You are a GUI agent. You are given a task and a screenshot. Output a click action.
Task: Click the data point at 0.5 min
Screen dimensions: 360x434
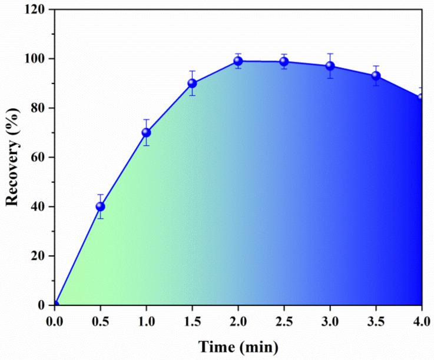[x=100, y=206]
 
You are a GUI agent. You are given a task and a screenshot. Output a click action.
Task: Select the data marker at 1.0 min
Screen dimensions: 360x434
[x=146, y=132]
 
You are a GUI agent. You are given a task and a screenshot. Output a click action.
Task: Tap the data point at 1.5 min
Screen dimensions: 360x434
[x=192, y=83]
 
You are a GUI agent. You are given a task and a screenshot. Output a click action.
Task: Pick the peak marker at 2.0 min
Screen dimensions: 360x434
[x=238, y=61]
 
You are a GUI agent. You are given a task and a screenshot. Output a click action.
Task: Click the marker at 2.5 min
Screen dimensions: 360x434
[x=284, y=62]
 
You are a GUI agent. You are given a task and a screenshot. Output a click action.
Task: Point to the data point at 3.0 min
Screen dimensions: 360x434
[x=330, y=66]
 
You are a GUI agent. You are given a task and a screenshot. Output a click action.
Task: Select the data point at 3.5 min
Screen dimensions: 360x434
[x=376, y=76]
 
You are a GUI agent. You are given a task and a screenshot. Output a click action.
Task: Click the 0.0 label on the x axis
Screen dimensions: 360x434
[x=54, y=321]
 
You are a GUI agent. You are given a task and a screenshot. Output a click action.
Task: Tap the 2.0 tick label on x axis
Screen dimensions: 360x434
[x=238, y=321]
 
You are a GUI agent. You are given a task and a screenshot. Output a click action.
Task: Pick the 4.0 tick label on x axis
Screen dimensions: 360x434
[x=421, y=321]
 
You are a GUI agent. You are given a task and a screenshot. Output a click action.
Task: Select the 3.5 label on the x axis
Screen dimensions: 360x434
[x=376, y=321]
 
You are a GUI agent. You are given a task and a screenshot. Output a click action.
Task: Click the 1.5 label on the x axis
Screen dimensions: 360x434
[x=192, y=321]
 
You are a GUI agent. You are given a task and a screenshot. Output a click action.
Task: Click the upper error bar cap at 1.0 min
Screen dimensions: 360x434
[x=146, y=119]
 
